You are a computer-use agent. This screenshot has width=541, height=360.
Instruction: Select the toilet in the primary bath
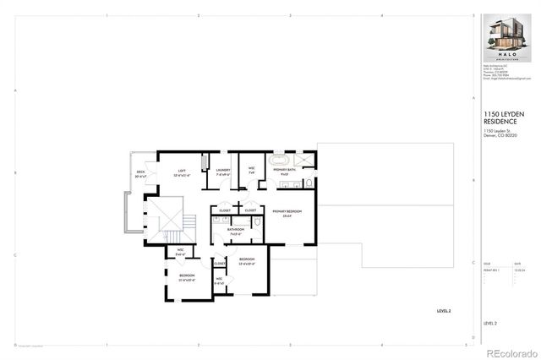(310, 182)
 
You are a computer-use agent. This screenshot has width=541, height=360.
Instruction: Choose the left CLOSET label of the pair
(225, 210)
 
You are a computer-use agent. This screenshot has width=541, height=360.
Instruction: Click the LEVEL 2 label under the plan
(443, 312)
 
